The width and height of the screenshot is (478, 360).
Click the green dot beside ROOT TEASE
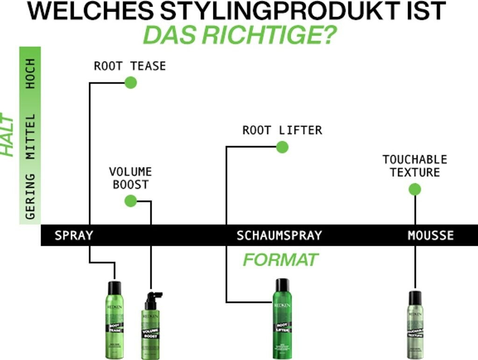coord(131,83)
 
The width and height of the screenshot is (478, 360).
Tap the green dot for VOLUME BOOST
coord(131,201)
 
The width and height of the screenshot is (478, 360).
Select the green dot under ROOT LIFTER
coord(282,147)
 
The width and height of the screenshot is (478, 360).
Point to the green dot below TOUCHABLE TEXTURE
coord(415,189)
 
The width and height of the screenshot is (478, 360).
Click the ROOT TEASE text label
coord(130,66)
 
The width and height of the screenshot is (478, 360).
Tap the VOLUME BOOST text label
coord(130,178)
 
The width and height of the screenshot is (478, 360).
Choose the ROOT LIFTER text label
coord(282,130)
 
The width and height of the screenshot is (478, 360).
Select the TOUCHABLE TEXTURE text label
coord(415,166)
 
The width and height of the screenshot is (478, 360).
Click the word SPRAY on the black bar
coord(74,235)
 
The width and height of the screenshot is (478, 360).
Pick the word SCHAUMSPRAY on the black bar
coord(279,235)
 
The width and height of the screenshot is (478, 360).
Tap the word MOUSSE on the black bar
coord(430,235)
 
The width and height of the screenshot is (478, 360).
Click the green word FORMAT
coord(280,260)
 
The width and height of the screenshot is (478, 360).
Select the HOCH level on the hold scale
coord(30,74)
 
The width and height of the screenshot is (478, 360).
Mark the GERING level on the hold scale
coord(30,196)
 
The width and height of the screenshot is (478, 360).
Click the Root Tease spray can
coord(114,319)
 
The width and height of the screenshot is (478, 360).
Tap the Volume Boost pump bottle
coord(151,326)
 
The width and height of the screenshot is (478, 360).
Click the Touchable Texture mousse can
coord(415,325)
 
